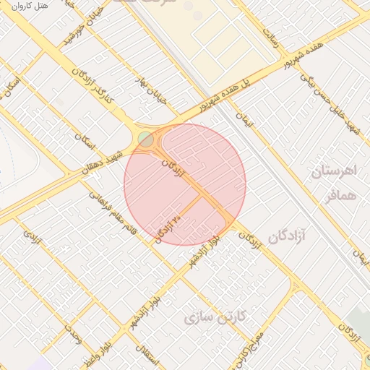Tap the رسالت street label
271,38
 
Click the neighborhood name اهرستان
334,172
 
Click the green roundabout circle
147,139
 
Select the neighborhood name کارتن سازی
215,317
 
